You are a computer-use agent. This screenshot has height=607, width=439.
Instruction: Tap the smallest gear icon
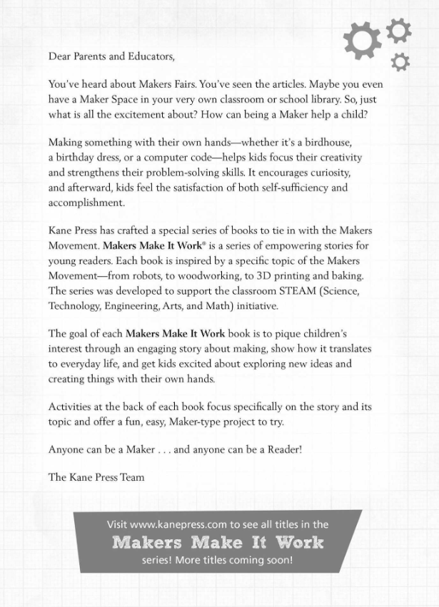tap(402, 61)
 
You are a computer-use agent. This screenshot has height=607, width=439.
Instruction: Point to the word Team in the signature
tap(129, 477)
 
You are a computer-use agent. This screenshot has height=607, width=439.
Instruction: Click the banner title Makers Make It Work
tap(218, 542)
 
